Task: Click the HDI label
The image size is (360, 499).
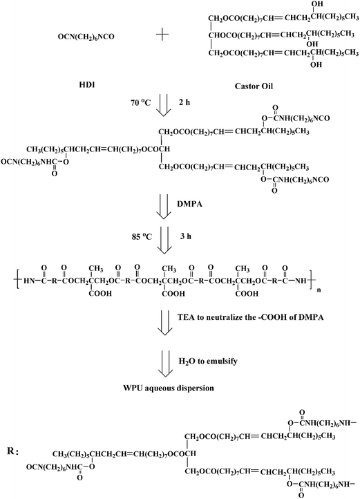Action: click(87, 85)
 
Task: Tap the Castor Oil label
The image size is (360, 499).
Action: click(254, 86)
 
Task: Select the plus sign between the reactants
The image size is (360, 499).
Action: click(162, 35)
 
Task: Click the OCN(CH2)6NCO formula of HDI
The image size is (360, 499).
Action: click(86, 37)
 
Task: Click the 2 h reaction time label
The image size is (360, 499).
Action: click(184, 102)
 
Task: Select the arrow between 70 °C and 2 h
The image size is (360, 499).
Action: click(164, 107)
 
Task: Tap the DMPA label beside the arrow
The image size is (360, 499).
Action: click(190, 204)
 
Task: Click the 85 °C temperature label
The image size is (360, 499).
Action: click(142, 237)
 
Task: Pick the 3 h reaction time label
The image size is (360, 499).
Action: click(186, 236)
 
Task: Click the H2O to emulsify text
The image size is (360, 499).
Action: click(208, 361)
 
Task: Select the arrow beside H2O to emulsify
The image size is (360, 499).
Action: click(165, 361)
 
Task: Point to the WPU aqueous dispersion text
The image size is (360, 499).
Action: click(169, 388)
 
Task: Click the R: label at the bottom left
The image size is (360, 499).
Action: click(13, 451)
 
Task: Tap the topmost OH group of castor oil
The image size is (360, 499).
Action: click(317, 4)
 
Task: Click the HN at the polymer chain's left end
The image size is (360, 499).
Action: click(29, 281)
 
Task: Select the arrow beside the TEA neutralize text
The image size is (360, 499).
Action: click(165, 322)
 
